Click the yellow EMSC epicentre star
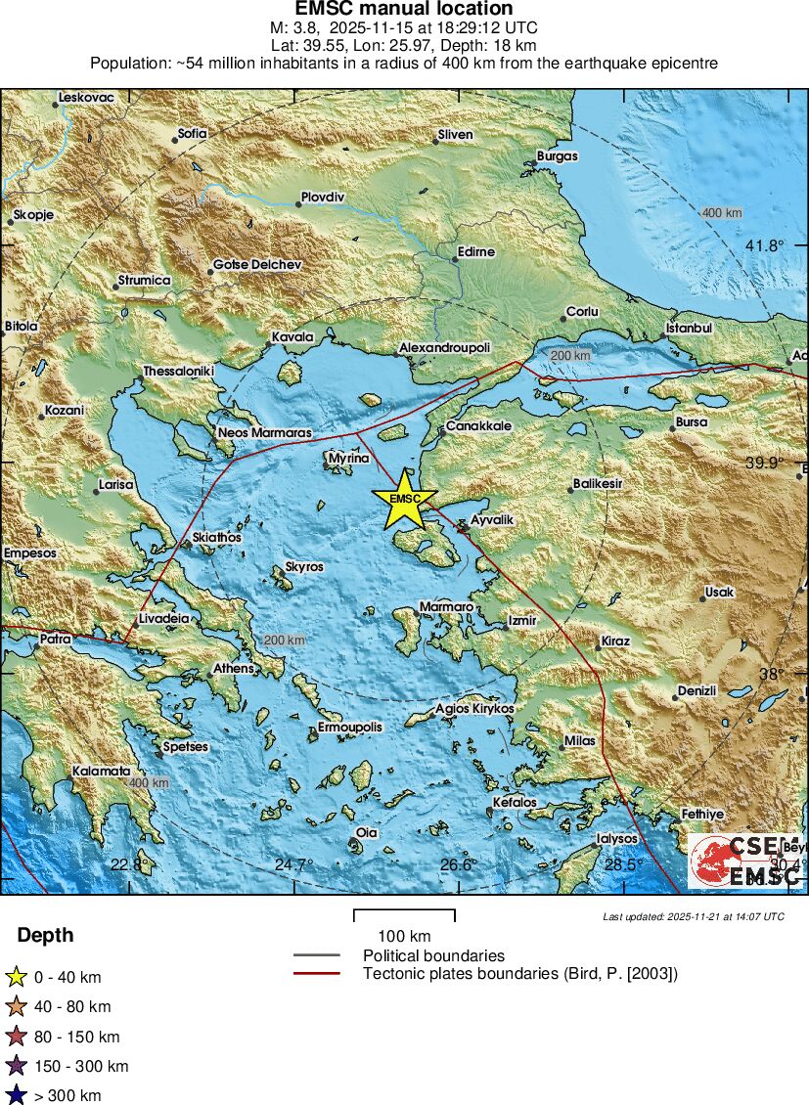[x=404, y=499]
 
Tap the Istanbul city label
[x=689, y=329]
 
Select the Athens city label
[x=234, y=669]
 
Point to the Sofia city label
[x=192, y=133]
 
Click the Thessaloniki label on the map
[x=178, y=372]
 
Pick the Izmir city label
[x=521, y=621]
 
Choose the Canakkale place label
[x=479, y=427]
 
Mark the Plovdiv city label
[x=323, y=197]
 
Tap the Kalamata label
[x=101, y=772]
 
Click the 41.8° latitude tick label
[x=764, y=245]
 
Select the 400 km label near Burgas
[x=721, y=213]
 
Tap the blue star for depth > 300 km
[x=16, y=1095]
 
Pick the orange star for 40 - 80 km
[x=16, y=1006]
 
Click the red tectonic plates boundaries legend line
[x=316, y=973]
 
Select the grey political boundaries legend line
[x=316, y=955]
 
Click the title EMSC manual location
[x=404, y=10]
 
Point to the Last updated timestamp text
[x=694, y=916]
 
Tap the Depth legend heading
[x=45, y=936]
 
